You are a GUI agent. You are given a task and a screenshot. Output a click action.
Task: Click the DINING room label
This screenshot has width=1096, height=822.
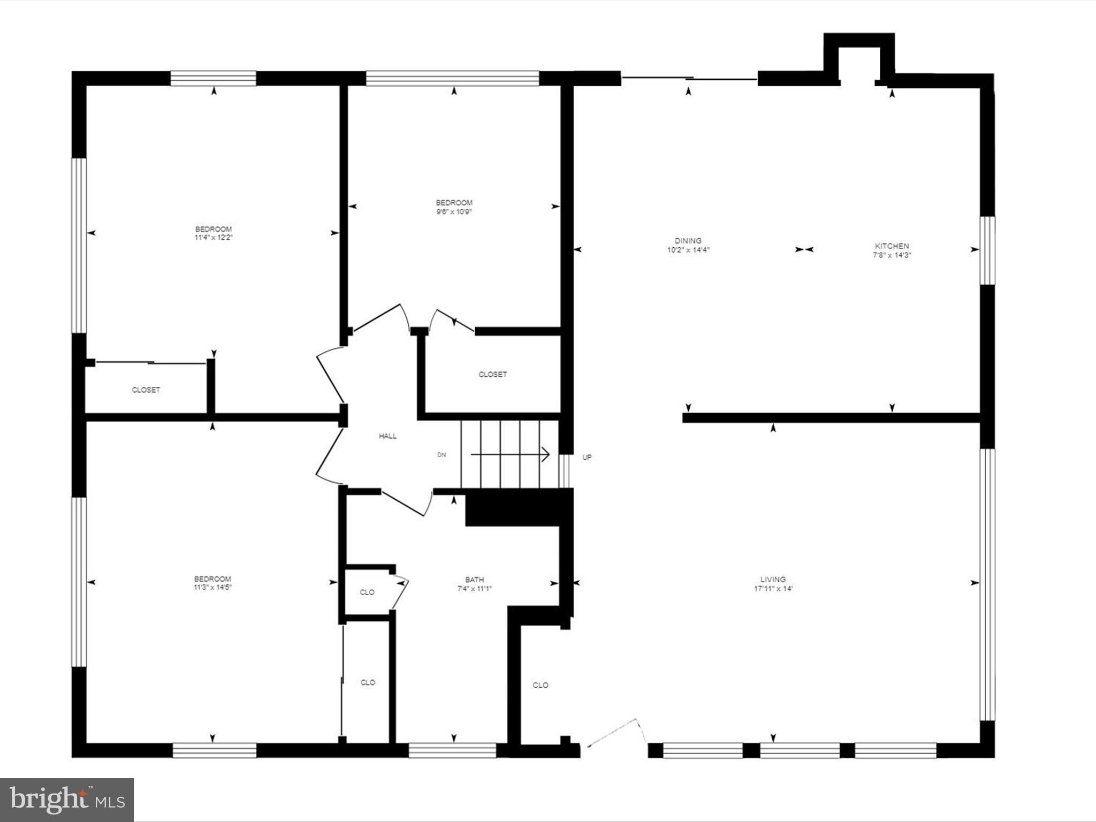tap(688, 241)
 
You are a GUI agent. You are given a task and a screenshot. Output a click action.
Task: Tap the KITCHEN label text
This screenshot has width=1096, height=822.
tap(892, 246)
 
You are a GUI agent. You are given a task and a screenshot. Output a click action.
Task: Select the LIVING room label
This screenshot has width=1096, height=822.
tap(773, 579)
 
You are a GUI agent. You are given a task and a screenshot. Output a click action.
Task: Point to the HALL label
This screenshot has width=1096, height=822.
tap(387, 436)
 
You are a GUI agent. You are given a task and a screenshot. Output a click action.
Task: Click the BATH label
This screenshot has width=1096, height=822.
tap(474, 580)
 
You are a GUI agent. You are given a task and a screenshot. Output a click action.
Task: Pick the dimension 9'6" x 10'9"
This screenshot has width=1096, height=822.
tap(454, 212)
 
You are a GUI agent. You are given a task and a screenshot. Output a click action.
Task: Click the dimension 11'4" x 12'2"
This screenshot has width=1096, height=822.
tap(214, 238)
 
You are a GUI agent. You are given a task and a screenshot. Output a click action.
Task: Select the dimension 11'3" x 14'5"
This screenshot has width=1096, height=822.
tap(212, 587)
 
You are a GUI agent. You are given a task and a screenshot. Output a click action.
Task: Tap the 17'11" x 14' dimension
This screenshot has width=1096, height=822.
tap(773, 589)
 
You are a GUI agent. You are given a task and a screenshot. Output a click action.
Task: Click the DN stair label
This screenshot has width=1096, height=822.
tap(442, 455)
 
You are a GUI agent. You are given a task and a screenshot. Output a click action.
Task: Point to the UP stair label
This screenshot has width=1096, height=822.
tap(587, 458)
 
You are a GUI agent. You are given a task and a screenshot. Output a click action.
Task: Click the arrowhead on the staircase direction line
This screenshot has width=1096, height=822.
tap(546, 454)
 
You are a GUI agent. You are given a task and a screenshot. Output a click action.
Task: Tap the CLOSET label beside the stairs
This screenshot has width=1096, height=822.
tap(492, 375)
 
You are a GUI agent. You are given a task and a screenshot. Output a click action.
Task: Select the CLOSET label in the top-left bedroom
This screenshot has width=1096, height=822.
tap(146, 390)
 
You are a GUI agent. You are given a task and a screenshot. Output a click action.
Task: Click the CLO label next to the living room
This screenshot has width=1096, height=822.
tap(540, 685)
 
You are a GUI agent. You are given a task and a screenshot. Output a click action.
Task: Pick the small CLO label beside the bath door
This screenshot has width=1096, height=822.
tap(367, 592)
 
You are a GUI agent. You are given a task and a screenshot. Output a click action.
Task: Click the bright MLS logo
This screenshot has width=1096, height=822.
tap(67, 800)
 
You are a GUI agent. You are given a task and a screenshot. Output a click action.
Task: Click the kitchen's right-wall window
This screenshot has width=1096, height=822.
tap(987, 250)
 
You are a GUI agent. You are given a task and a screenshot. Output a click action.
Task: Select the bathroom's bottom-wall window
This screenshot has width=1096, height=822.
tap(453, 750)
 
